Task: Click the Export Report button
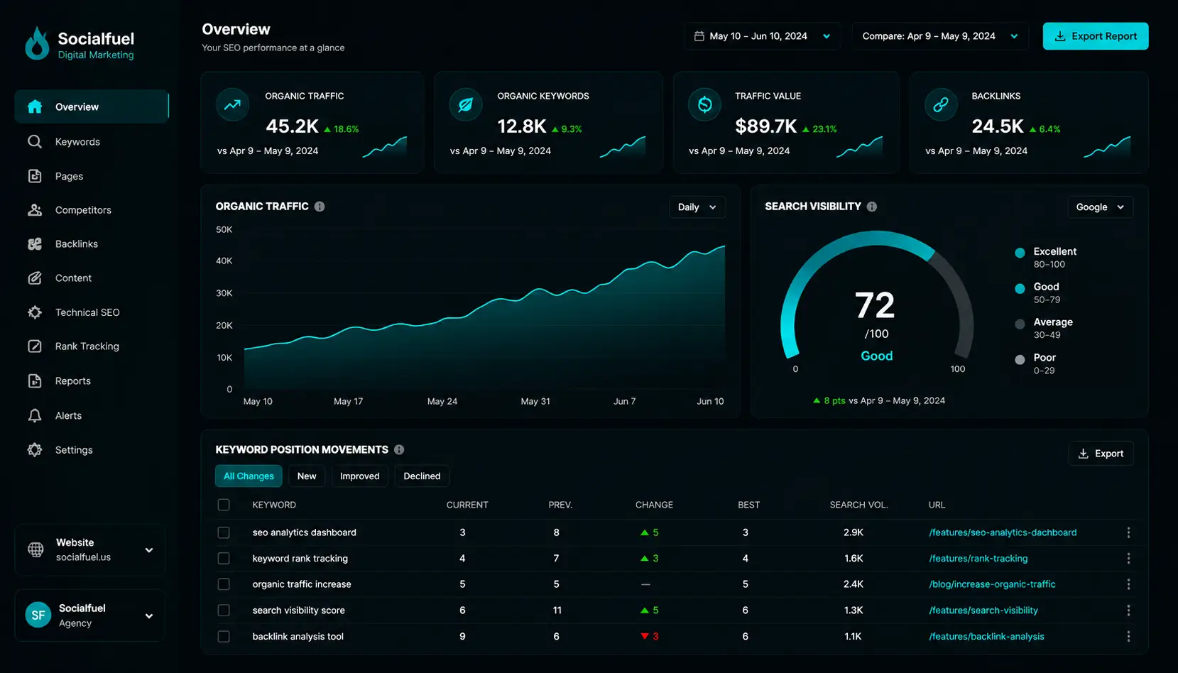tap(1096, 36)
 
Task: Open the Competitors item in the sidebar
tap(83, 210)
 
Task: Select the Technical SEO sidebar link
tap(87, 312)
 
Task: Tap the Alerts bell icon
tap(35, 415)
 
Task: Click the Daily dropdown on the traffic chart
tap(697, 207)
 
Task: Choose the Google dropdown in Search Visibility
tap(1100, 207)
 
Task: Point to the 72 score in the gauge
tap(875, 305)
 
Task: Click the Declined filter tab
tap(422, 476)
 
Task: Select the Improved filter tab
tap(360, 476)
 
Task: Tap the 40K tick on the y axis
tap(224, 261)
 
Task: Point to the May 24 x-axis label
tap(442, 401)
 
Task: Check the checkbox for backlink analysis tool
tap(224, 636)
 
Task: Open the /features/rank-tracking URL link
tap(978, 559)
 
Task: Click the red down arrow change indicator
tap(645, 636)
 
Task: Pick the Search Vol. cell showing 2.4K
tap(853, 584)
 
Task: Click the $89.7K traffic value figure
tap(765, 126)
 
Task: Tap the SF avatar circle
tap(38, 615)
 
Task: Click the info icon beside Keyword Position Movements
tap(399, 449)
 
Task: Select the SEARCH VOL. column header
tap(858, 505)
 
